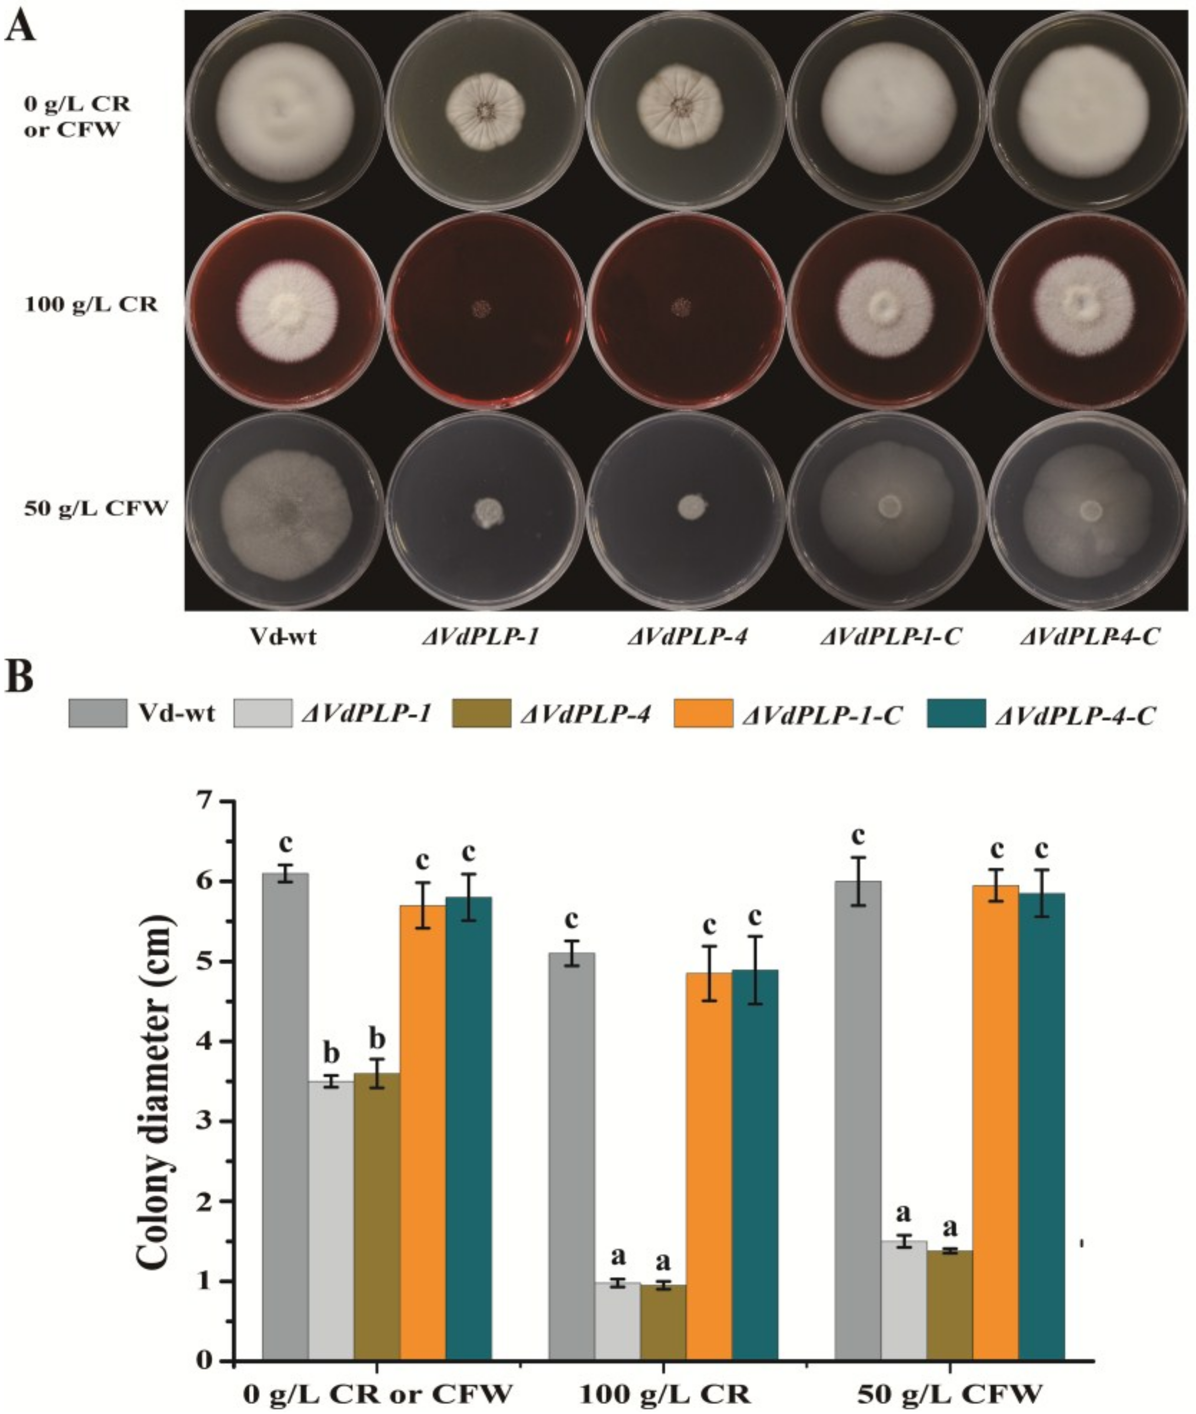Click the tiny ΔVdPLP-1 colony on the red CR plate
point(482,310)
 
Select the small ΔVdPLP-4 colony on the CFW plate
point(691,505)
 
